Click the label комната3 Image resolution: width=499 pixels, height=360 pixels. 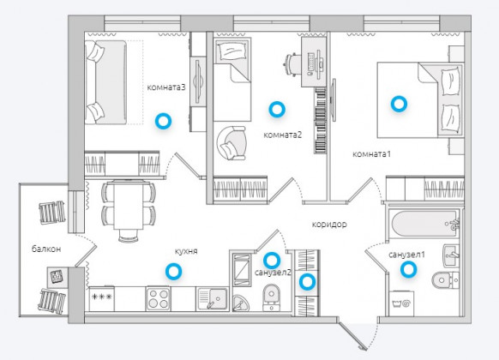[165, 87]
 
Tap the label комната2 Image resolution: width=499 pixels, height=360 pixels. [283, 135]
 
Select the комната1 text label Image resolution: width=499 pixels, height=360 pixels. [372, 154]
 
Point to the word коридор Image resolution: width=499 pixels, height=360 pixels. [329, 225]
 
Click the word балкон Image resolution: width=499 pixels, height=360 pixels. [46, 249]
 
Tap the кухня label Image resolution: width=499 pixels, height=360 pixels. [186, 251]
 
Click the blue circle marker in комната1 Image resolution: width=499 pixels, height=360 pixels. [399, 104]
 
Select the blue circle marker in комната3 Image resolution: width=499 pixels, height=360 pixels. [163, 121]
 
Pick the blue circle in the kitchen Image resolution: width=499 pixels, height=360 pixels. [173, 271]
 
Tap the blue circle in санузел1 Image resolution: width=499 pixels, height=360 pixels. [408, 270]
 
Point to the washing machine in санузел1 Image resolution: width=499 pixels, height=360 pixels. [403, 303]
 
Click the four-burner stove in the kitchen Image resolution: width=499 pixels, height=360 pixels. [158, 299]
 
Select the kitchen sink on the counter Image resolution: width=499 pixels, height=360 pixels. [213, 299]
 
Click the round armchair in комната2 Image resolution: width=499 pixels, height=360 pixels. [231, 143]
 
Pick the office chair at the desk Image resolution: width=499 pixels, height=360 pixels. [292, 64]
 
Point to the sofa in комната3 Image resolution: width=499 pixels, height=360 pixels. [106, 82]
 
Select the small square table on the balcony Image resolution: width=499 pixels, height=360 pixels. [57, 277]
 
